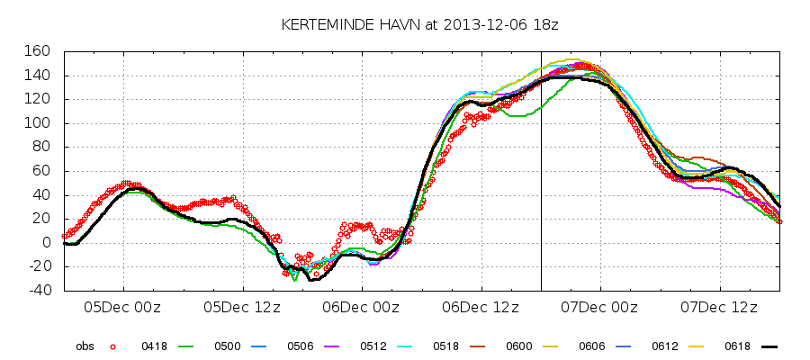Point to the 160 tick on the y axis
pos(39,51)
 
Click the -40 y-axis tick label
pos(39,291)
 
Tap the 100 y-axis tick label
pos(39,123)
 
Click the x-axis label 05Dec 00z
pos(123,307)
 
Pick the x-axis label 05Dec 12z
pos(242,307)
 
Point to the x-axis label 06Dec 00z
pos(362,307)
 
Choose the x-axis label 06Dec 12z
pos(481,307)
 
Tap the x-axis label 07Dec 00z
pos(600,307)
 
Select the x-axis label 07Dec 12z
pos(720,307)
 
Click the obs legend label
pos(85,346)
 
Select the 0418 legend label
pos(153,346)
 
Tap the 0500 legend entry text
pos(226,346)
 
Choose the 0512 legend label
pos(372,346)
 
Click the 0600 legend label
pos(517,346)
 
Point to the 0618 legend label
pos(736,346)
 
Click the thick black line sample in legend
pos(768,346)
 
